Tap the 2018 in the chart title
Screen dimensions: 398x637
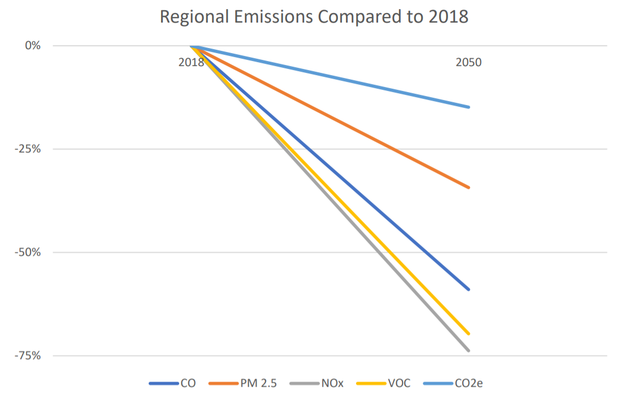448,17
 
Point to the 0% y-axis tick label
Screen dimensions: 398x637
33,46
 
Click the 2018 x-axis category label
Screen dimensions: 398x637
191,63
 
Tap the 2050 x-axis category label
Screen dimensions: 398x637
469,63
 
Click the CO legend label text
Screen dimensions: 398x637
188,383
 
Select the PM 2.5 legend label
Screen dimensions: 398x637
259,383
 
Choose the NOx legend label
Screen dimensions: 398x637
332,383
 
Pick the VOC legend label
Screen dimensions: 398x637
399,383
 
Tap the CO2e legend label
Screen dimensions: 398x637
469,383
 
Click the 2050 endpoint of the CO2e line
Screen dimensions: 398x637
469,107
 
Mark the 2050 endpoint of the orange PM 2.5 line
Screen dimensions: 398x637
469,187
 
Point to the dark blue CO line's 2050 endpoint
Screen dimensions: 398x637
469,290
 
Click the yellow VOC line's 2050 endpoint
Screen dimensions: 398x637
469,334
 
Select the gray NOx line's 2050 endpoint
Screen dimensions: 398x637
469,351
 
